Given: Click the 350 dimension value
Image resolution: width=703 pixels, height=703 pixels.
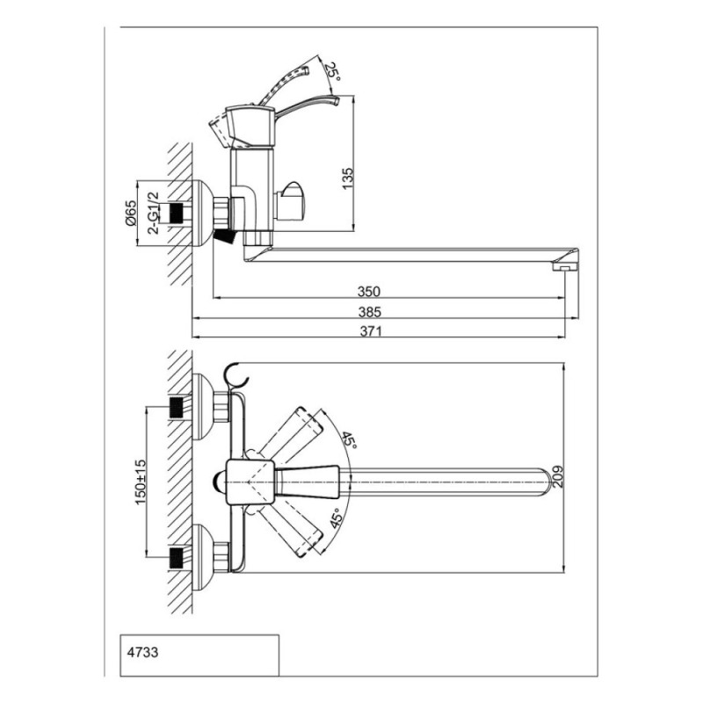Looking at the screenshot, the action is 368,292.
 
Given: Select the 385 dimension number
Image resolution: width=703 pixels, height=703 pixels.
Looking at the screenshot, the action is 369,312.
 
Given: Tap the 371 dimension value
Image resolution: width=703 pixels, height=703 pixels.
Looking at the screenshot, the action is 371,331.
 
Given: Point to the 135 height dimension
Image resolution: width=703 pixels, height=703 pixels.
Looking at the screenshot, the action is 348,178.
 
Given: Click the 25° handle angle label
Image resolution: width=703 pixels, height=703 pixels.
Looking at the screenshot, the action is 332,71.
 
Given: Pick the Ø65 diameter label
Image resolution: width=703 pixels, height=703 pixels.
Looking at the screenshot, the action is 130,213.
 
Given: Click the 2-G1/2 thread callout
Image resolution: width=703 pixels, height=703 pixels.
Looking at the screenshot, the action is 153,213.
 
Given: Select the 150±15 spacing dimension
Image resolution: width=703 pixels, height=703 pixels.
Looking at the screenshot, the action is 141,482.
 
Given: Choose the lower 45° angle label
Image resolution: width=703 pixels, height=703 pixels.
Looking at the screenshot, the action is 337,518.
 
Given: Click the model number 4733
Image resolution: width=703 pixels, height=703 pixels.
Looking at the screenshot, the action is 142,652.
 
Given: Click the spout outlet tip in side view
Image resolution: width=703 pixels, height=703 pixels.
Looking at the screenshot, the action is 566,266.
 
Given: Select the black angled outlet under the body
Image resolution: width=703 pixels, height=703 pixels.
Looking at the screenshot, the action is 225,236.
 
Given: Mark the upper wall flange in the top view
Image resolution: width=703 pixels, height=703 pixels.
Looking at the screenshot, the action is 204,407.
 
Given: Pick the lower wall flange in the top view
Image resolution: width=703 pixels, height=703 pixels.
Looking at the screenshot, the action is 204,559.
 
